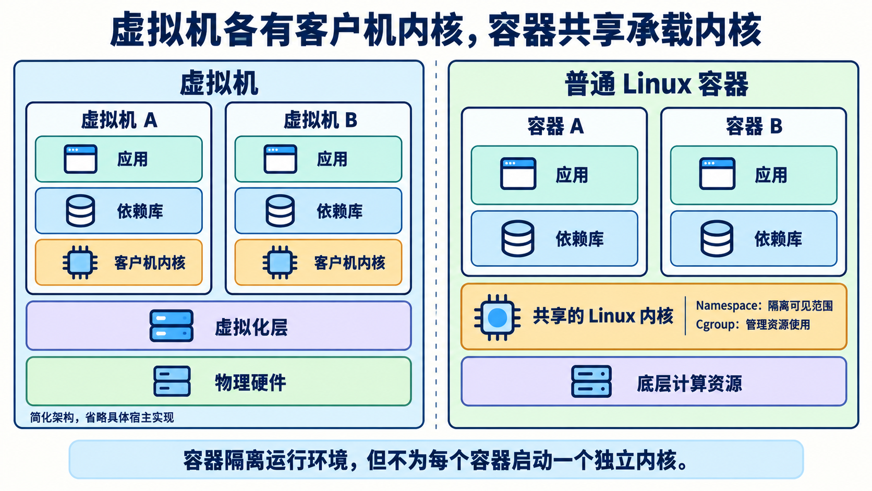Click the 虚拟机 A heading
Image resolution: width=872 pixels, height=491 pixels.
(119, 120)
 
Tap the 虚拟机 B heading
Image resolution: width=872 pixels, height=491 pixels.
(320, 120)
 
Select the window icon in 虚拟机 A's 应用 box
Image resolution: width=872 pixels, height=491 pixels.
(81, 159)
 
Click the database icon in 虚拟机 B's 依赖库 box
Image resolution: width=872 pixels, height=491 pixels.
(280, 211)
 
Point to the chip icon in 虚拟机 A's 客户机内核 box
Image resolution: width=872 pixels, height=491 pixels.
(80, 262)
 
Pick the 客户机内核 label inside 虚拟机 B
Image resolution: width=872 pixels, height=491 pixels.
(349, 263)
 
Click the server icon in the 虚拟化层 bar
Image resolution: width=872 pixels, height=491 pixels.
(172, 326)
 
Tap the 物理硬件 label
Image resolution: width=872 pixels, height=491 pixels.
(251, 382)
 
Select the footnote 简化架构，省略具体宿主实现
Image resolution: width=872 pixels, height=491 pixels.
(102, 418)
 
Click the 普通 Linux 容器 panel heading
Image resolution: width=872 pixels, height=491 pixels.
(657, 83)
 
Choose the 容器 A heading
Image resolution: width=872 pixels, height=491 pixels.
(555, 126)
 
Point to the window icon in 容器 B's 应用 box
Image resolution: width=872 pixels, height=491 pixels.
(717, 174)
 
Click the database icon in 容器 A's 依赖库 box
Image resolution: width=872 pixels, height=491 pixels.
(518, 238)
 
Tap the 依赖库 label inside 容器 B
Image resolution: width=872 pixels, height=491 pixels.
(778, 238)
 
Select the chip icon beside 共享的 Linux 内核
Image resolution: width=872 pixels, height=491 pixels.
(497, 318)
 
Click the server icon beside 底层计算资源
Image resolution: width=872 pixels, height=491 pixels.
(591, 381)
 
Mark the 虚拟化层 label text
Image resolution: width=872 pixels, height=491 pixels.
(251, 327)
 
